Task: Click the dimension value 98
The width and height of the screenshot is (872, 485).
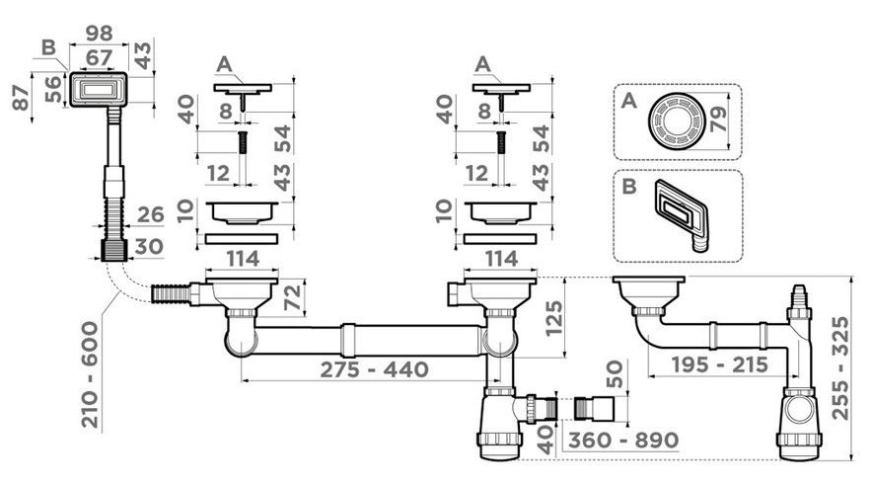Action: [x=99, y=34]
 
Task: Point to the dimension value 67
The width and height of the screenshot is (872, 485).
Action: [x=99, y=57]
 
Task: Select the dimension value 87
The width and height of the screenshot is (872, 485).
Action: [x=21, y=98]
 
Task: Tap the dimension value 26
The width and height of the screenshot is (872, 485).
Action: [x=150, y=214]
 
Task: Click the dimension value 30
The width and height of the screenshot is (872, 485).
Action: [x=149, y=247]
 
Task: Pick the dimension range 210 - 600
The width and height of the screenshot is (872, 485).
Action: [x=90, y=374]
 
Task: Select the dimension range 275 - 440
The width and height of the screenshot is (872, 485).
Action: [x=374, y=369]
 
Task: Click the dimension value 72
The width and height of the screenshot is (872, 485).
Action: [x=293, y=297]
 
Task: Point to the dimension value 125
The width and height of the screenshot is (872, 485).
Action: [x=554, y=318]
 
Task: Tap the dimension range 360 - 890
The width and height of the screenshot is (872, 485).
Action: [x=623, y=440]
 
